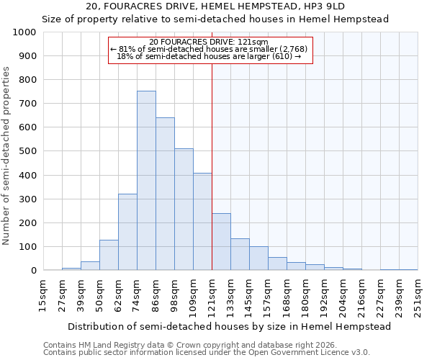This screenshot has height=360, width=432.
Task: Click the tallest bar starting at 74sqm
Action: click(146, 181)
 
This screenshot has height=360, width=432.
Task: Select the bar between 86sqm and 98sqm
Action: click(165, 194)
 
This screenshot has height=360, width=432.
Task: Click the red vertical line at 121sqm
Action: click(212, 166)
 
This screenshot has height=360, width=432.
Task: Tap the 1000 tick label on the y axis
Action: click(24, 32)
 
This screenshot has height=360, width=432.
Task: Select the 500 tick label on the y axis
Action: click(27, 151)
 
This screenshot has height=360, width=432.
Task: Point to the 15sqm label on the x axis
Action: click(44, 295)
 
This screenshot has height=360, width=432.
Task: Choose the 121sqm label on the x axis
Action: click(212, 295)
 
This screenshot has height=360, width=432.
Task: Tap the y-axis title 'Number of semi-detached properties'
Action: click(7, 156)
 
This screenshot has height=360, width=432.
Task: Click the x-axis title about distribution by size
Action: click(221, 326)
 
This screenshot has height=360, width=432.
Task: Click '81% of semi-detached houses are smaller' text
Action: click(209, 48)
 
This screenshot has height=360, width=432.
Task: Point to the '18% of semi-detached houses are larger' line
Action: click(209, 56)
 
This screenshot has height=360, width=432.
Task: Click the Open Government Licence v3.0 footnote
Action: click(206, 353)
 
